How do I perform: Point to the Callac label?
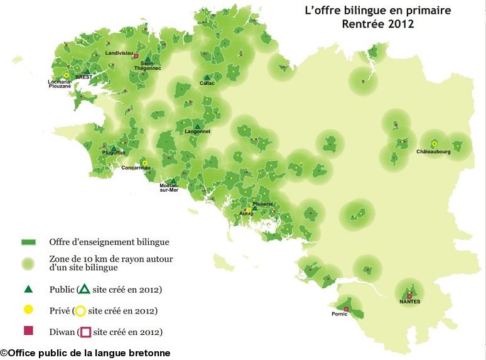pyautogui.click(x=207, y=83)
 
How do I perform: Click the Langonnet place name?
pyautogui.click(x=198, y=132)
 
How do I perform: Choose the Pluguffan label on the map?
pyautogui.click(x=113, y=153)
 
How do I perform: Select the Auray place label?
pyautogui.click(x=246, y=214)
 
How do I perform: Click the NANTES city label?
pyautogui.click(x=409, y=302)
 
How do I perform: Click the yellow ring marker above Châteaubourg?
pyautogui.click(x=434, y=144)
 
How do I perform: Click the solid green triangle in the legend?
pyautogui.click(x=28, y=290)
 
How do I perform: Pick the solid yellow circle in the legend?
pyautogui.click(x=28, y=310)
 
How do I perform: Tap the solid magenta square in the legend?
pyautogui.click(x=28, y=331)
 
